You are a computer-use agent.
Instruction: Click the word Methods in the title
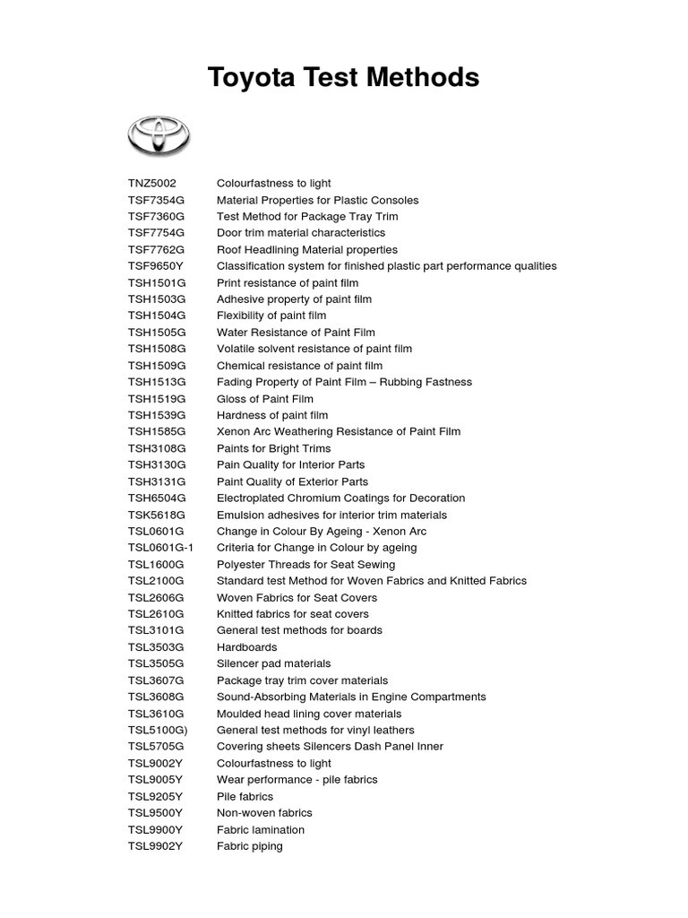point(425,78)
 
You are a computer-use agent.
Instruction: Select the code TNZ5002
point(152,183)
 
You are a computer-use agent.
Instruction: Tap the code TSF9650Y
point(155,266)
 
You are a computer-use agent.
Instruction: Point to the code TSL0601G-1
point(160,548)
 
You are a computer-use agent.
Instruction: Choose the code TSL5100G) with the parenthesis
point(158,730)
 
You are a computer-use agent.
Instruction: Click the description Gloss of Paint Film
point(265,399)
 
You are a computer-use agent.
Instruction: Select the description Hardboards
point(247,647)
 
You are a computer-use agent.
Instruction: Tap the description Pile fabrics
point(245,796)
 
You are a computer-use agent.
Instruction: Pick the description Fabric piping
point(250,845)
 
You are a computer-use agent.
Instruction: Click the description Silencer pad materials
point(274,663)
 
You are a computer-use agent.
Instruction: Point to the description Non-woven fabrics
point(265,812)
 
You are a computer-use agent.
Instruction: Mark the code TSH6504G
point(157,498)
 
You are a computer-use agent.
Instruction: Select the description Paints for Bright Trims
point(274,448)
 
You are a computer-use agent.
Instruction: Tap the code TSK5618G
point(157,515)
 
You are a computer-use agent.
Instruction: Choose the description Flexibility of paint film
point(271,316)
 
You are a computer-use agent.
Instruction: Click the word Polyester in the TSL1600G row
point(242,565)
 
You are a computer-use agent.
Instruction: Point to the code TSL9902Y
point(155,845)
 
